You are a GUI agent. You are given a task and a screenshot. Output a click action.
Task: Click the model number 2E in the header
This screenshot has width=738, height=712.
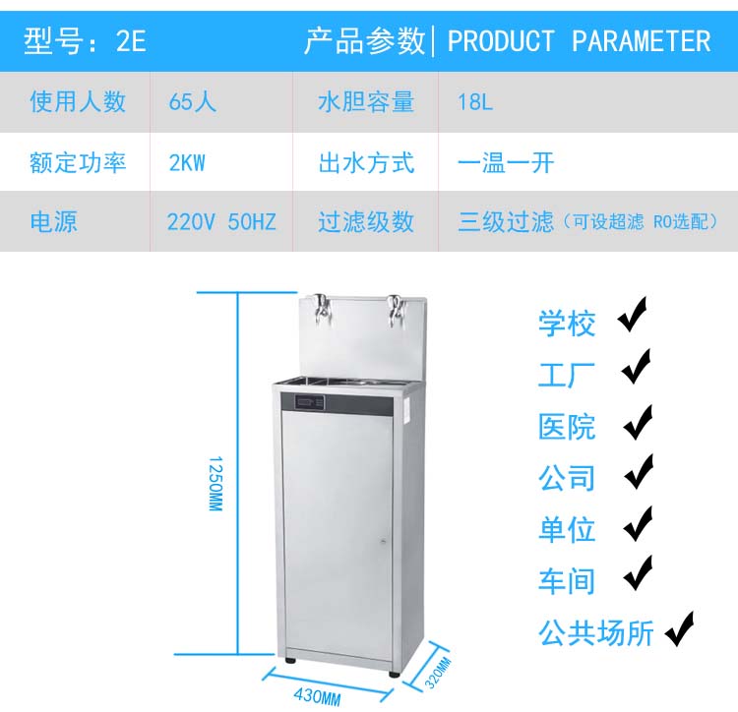[131, 41]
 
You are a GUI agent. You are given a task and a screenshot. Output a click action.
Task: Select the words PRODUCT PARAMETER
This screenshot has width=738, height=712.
[579, 41]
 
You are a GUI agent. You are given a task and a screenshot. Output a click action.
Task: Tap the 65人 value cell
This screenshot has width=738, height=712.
[193, 101]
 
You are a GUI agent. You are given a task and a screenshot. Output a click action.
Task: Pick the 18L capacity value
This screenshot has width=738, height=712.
[475, 101]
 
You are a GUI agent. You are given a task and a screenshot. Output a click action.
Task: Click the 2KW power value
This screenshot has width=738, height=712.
[187, 162]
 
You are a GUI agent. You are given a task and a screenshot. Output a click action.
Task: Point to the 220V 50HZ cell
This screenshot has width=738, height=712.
[221, 222]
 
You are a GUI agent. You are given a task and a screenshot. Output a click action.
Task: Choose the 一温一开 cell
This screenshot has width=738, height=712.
[506, 162]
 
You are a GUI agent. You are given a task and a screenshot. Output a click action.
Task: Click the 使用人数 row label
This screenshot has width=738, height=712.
[79, 101]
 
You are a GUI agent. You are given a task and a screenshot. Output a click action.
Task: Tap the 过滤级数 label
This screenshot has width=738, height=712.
[366, 222]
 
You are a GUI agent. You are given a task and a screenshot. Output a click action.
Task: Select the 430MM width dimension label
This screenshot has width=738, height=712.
[317, 697]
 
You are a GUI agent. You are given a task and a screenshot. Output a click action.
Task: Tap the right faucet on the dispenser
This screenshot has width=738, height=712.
[397, 307]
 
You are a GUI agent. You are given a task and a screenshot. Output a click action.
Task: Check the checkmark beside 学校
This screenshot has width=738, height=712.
[633, 318]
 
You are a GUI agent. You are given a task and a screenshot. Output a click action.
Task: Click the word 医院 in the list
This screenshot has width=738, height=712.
[567, 426]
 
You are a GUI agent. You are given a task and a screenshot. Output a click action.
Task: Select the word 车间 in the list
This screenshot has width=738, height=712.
[567, 580]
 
